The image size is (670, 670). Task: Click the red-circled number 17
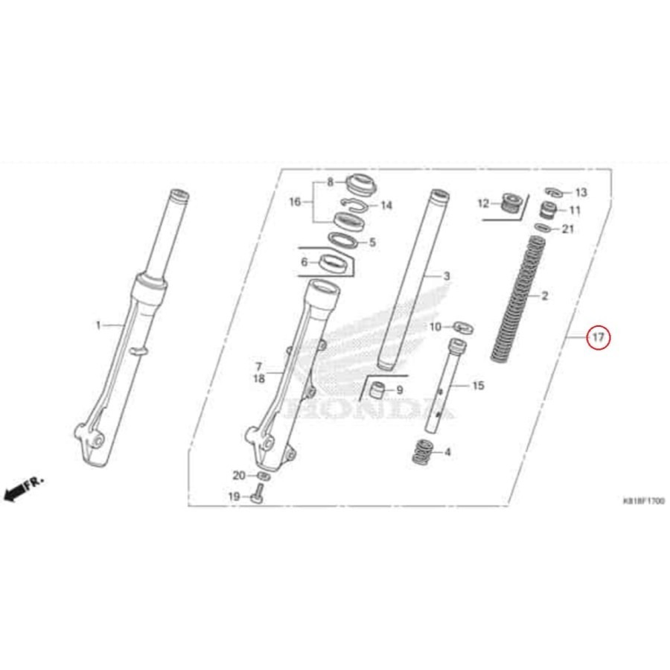598,338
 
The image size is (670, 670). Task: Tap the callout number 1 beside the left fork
97,325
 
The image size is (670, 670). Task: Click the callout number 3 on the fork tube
447,277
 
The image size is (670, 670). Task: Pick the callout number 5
372,242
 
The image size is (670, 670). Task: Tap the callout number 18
259,379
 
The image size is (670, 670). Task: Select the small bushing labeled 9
379,389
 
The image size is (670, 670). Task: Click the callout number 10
435,326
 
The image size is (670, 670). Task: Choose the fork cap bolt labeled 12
509,203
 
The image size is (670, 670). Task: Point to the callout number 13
581,193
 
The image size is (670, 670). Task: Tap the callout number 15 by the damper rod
478,386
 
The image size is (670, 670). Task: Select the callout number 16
295,202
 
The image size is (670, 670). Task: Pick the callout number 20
238,476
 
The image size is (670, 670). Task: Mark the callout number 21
568,229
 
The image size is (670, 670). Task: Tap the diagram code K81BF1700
643,502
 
